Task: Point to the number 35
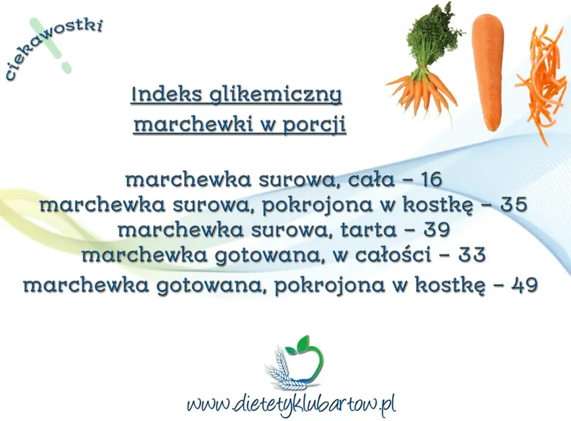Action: coord(513,205)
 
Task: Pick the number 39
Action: coord(436,230)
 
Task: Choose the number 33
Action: coord(472,256)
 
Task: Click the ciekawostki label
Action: coord(53,48)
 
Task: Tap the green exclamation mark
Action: coord(50,45)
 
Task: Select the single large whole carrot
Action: coord(487,71)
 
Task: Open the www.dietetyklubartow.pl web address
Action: coord(291,405)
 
